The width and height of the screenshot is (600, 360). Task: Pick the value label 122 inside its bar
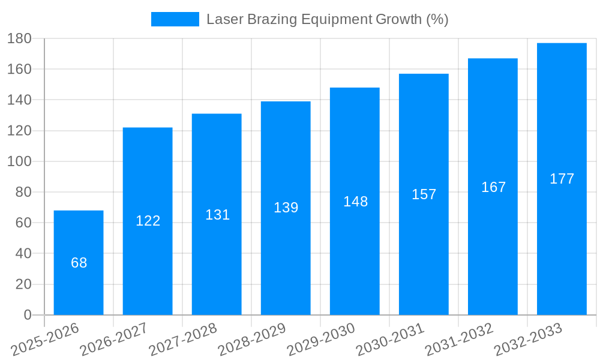click(148, 221)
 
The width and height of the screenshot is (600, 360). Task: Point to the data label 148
click(355, 202)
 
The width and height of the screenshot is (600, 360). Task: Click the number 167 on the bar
click(493, 187)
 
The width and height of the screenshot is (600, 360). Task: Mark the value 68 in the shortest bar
click(79, 263)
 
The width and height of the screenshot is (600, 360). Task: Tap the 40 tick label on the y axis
click(23, 253)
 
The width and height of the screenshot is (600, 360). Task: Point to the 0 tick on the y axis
click(27, 315)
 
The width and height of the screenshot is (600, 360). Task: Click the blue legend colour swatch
click(175, 19)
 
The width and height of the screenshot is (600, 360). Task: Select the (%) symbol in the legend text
click(437, 19)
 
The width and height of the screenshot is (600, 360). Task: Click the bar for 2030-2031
click(424, 252)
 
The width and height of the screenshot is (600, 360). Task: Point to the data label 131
click(217, 215)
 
